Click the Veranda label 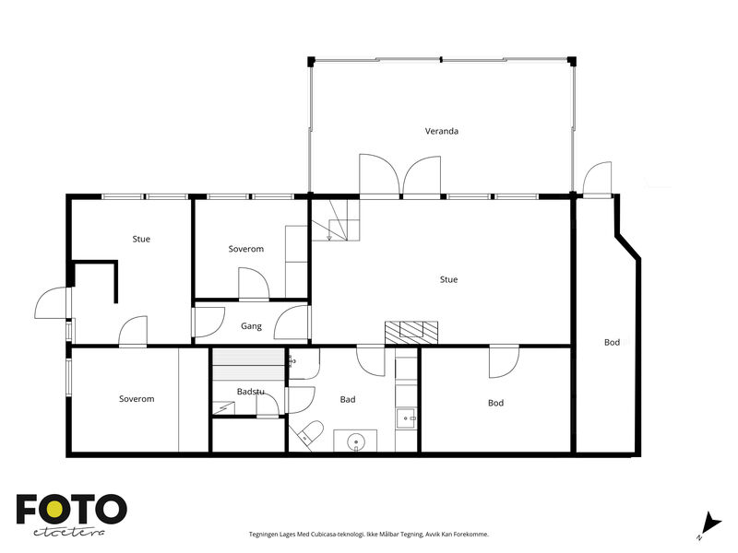click(442, 131)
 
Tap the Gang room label click(251, 326)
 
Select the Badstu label click(250, 391)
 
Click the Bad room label click(348, 399)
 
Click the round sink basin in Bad click(356, 441)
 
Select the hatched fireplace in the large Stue click(411, 332)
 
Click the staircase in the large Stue click(336, 220)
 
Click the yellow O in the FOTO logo click(54, 509)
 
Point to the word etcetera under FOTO click(69, 532)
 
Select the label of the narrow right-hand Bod click(612, 342)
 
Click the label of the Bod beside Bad click(495, 403)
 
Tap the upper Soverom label click(245, 249)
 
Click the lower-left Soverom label click(137, 399)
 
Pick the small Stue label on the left click(141, 239)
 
